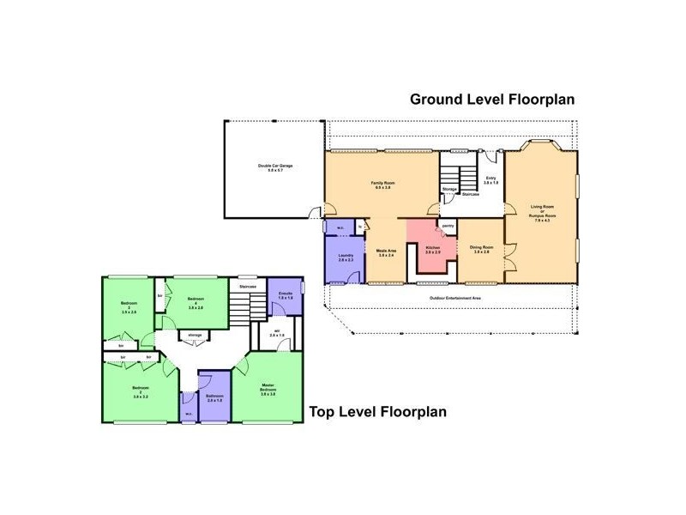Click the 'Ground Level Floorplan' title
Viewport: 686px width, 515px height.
coord(491,99)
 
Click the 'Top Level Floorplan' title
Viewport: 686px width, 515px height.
coord(378,412)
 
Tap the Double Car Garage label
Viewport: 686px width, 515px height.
coord(275,168)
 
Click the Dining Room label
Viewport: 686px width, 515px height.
coord(480,250)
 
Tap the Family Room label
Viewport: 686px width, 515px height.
coord(382,185)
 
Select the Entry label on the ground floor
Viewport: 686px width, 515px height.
coord(490,180)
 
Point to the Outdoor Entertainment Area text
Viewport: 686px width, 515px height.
coord(454,298)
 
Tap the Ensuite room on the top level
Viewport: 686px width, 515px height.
coord(286,297)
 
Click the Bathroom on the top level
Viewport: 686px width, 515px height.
coord(214,398)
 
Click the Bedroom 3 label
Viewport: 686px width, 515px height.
coord(129,307)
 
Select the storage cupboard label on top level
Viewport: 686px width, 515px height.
coord(196,335)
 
